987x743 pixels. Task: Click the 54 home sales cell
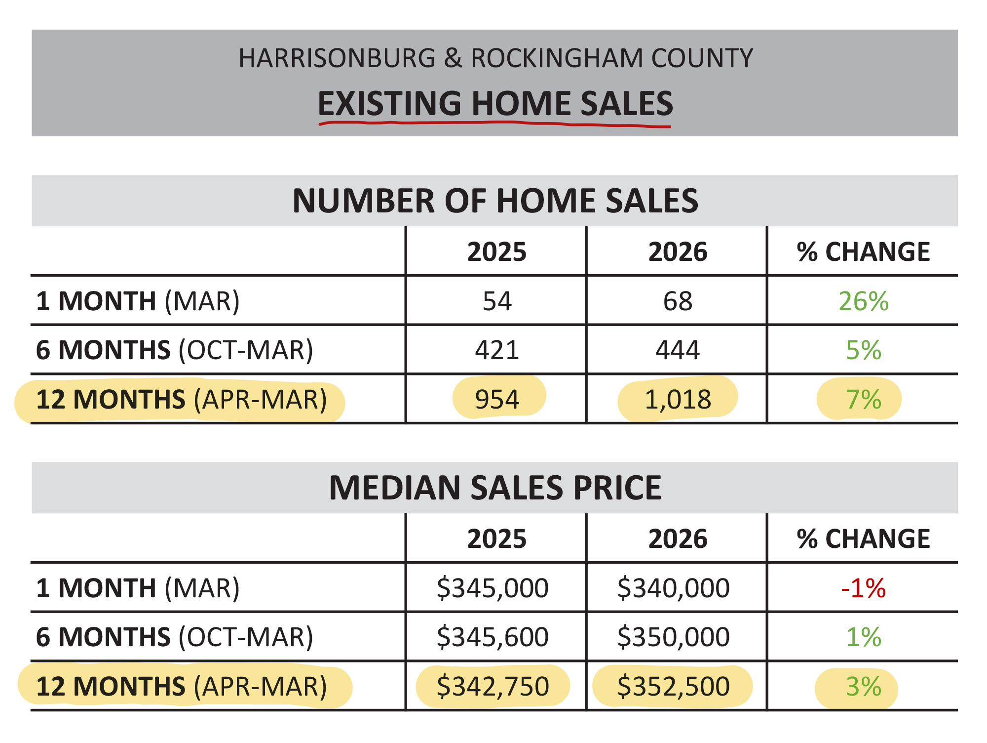coord(497,301)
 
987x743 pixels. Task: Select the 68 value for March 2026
coord(678,301)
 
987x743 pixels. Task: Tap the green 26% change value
coord(863,301)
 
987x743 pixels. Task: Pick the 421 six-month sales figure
coord(497,350)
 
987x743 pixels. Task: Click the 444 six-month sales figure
coord(678,350)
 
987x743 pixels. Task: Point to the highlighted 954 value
coord(497,399)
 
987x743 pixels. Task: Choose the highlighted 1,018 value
coord(678,399)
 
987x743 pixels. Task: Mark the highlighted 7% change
coord(863,399)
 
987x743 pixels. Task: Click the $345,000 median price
coord(493,588)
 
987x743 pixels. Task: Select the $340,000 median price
coord(673,588)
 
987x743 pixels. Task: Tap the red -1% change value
coord(863,588)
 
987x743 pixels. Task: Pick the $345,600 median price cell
coord(493,637)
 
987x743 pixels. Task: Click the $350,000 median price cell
coord(673,637)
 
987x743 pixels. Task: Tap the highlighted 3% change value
coord(863,687)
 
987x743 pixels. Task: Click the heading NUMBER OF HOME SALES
coord(495,201)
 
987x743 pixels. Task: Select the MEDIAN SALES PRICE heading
coord(495,488)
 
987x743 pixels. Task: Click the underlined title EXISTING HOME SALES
coord(495,104)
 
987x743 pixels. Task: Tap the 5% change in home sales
coord(863,350)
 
